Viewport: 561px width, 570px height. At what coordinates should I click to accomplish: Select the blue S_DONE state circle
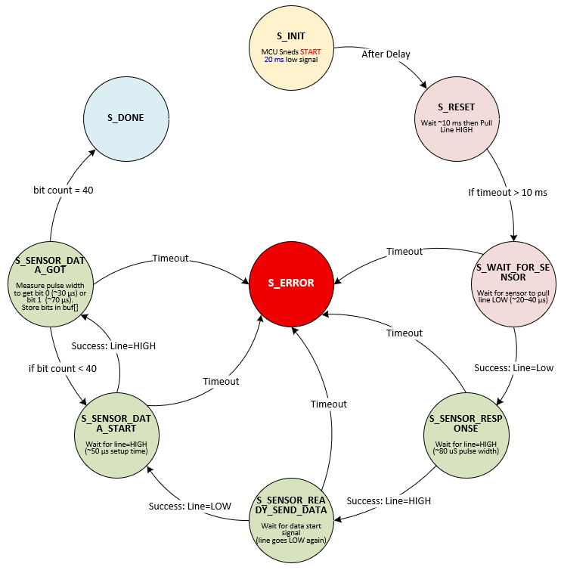point(125,118)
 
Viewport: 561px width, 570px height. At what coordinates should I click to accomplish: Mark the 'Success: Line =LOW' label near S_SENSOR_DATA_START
point(189,505)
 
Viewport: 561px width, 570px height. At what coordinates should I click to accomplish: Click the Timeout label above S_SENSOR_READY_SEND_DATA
point(330,404)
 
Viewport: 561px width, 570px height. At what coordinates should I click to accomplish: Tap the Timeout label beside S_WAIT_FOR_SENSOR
point(404,251)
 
